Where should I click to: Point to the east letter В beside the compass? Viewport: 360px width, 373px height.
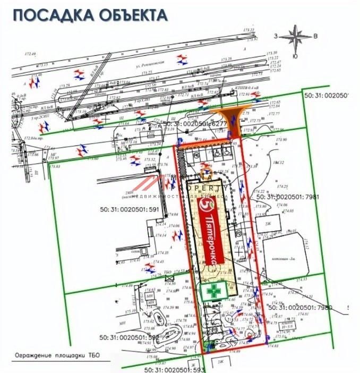click(x=315, y=36)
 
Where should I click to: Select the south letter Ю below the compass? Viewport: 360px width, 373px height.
click(x=295, y=56)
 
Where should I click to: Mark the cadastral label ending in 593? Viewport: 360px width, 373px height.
click(x=173, y=368)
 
